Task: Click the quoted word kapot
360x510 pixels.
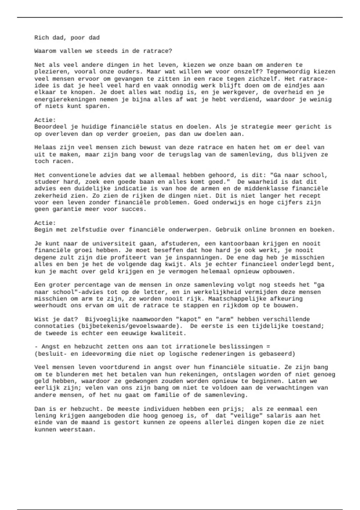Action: pos(188,319)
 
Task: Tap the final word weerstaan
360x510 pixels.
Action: pos(78,429)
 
